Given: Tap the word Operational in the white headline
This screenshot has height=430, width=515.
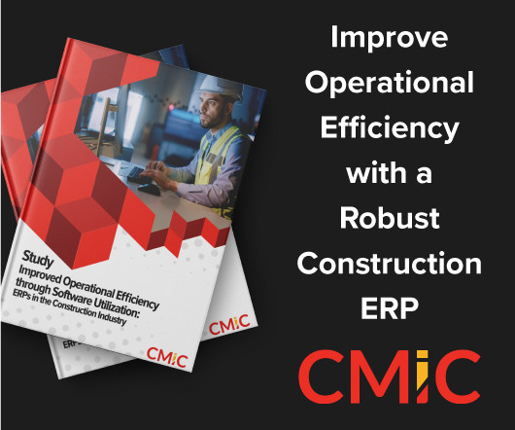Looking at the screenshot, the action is point(390,84).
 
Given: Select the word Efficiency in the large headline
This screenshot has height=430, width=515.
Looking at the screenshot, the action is point(390,129).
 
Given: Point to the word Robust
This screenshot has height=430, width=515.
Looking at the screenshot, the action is point(390,218).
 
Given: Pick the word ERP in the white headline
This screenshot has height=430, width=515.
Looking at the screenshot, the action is point(390,308).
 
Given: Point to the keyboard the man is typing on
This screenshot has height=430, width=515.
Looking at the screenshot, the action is point(136,174).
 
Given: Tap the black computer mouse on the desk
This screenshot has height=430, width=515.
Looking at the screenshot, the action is point(150,189).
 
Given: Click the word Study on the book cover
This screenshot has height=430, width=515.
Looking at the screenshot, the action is point(38,259).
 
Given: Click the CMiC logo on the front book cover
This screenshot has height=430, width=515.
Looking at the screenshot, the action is point(167,357).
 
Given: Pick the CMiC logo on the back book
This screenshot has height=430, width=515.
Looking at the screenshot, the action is point(229,325).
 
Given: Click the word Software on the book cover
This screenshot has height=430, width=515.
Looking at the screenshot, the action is point(72,294).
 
